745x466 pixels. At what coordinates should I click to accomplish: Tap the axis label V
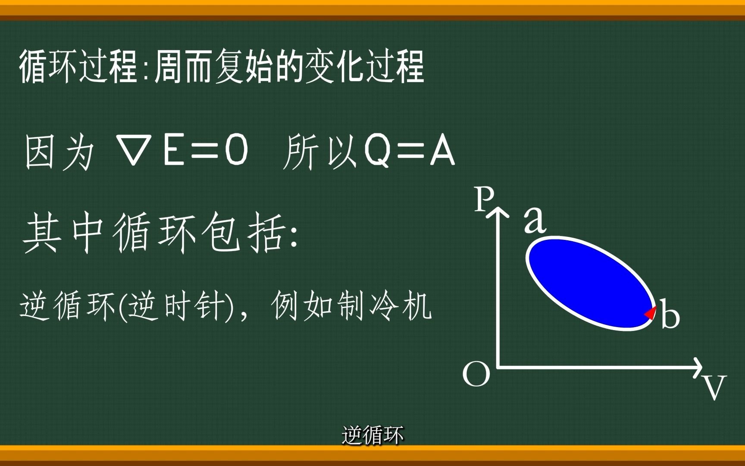point(714,387)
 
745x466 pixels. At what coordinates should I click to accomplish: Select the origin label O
point(476,374)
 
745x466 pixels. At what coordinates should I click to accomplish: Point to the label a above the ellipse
point(535,220)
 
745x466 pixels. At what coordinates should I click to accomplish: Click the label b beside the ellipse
point(670,315)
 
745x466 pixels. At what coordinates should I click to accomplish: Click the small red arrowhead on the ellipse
point(651,312)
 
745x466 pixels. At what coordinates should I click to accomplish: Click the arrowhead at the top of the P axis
point(499,211)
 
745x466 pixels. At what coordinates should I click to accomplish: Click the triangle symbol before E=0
point(134,150)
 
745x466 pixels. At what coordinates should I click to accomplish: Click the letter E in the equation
point(173,150)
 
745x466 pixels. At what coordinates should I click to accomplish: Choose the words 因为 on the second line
point(59,152)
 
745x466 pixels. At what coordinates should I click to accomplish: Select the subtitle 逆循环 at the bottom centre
point(372,435)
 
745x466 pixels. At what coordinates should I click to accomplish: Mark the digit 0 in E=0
point(237,150)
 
